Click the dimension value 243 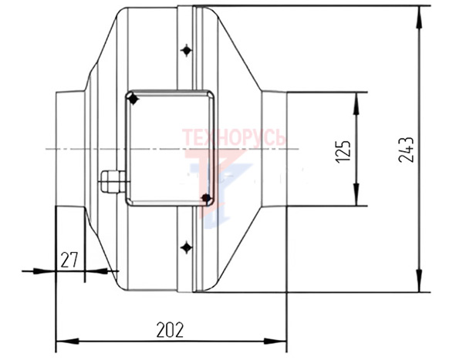click(x=407, y=150)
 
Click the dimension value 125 click(x=343, y=151)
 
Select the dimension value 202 click(x=170, y=330)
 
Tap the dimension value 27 click(x=69, y=260)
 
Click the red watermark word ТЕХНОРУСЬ click(x=234, y=137)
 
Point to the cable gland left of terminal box click(x=113, y=181)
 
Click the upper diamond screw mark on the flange click(x=186, y=50)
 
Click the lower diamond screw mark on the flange click(x=186, y=247)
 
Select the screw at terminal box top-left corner click(x=133, y=99)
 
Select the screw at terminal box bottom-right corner click(x=206, y=198)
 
